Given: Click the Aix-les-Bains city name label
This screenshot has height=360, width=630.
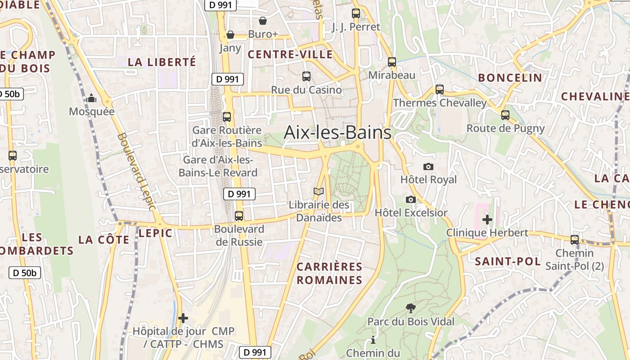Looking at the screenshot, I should click(x=337, y=133).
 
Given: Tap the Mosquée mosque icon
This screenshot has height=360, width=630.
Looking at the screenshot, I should click(x=92, y=98).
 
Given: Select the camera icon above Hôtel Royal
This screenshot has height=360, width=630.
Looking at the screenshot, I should click(x=428, y=166).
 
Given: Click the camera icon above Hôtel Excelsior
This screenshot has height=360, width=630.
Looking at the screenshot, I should click(x=410, y=199).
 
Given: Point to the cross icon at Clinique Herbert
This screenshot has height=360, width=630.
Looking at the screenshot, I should click(x=487, y=220).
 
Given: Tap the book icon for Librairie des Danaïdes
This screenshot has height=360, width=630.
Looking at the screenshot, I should click(x=319, y=192).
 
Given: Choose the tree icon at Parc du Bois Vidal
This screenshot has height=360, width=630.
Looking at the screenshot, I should click(x=410, y=308).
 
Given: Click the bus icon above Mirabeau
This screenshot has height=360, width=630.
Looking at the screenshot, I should click(x=392, y=62).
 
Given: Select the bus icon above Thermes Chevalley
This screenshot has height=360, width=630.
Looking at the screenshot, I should click(x=440, y=90).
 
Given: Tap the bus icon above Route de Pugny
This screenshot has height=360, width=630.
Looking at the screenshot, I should click(x=505, y=115).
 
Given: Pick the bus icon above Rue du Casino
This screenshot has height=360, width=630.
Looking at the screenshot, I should click(x=306, y=76).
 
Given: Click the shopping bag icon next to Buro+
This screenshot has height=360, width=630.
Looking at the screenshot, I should click(x=263, y=21).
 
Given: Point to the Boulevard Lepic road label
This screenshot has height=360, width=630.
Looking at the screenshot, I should click(x=136, y=171).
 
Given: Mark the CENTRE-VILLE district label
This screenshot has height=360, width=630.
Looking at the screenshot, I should click(x=290, y=55).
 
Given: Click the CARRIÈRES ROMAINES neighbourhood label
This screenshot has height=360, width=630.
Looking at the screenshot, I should click(x=329, y=273).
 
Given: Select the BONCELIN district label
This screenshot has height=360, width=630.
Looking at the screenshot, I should click(x=510, y=78).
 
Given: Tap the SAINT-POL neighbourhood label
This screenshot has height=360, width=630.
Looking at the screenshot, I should click(x=508, y=261).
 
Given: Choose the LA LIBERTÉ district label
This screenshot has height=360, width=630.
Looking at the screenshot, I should click(x=162, y=62).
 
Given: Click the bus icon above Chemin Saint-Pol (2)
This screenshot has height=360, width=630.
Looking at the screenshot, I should click(x=575, y=239).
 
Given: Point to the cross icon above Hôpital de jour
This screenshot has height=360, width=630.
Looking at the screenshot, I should click(x=183, y=318).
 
